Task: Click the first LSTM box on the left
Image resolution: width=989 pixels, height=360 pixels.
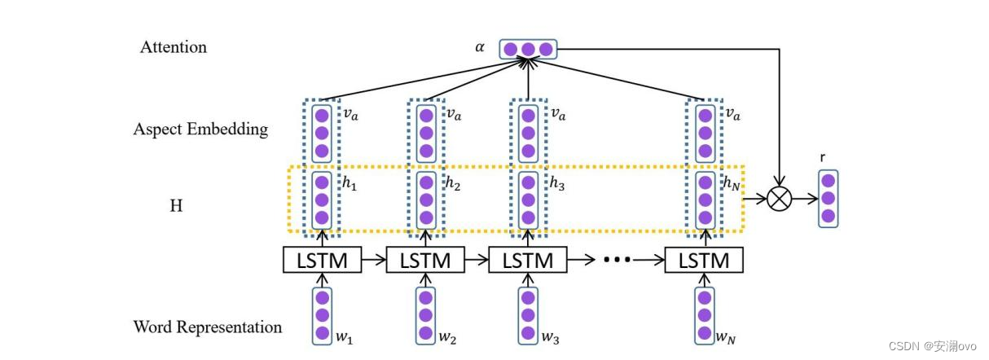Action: pyautogui.click(x=322, y=261)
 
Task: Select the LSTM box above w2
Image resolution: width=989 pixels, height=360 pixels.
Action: pyautogui.click(x=424, y=261)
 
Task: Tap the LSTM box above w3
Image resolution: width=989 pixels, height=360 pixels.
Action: pyautogui.click(x=527, y=261)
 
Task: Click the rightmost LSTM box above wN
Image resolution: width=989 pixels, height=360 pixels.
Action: pyautogui.click(x=704, y=261)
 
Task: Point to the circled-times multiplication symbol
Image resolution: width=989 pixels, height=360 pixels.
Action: pyautogui.click(x=780, y=198)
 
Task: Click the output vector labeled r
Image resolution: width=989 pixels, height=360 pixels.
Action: pyautogui.click(x=828, y=198)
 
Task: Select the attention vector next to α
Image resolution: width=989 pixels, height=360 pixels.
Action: pyautogui.click(x=527, y=49)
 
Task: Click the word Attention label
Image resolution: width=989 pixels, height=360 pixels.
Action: pyautogui.click(x=173, y=47)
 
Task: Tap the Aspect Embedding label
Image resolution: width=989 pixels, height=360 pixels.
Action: pyautogui.click(x=200, y=130)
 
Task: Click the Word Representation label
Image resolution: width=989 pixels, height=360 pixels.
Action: pyautogui.click(x=207, y=327)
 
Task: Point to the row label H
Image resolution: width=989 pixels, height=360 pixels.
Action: pyautogui.click(x=175, y=206)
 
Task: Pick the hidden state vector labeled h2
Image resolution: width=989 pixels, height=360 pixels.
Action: pyautogui.click(x=424, y=200)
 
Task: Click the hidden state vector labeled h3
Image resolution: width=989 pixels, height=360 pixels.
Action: pyautogui.click(x=527, y=200)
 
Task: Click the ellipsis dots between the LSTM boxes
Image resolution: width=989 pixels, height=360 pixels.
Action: pyautogui.click(x=617, y=261)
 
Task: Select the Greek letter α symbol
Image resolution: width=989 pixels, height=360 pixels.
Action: pyautogui.click(x=480, y=48)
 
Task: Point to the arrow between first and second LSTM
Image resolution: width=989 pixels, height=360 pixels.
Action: pyautogui.click(x=373, y=261)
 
